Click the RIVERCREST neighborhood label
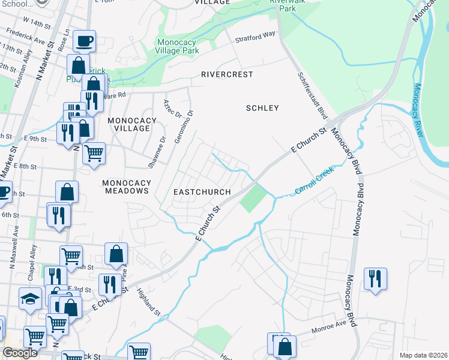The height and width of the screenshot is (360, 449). (x=227, y=74)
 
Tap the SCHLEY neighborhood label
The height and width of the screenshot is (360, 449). (x=262, y=108)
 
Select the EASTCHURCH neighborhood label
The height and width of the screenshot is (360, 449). (x=202, y=192)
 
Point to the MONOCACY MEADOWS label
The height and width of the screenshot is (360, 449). (x=125, y=187)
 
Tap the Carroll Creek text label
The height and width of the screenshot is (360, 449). (x=313, y=182)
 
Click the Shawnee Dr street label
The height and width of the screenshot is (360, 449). (x=158, y=152)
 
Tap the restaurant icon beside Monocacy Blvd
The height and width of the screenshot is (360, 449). (x=375, y=278)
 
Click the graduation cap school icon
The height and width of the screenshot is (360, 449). (x=30, y=299)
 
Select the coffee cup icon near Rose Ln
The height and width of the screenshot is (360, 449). (x=84, y=41)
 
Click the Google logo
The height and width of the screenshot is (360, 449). (x=20, y=353)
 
